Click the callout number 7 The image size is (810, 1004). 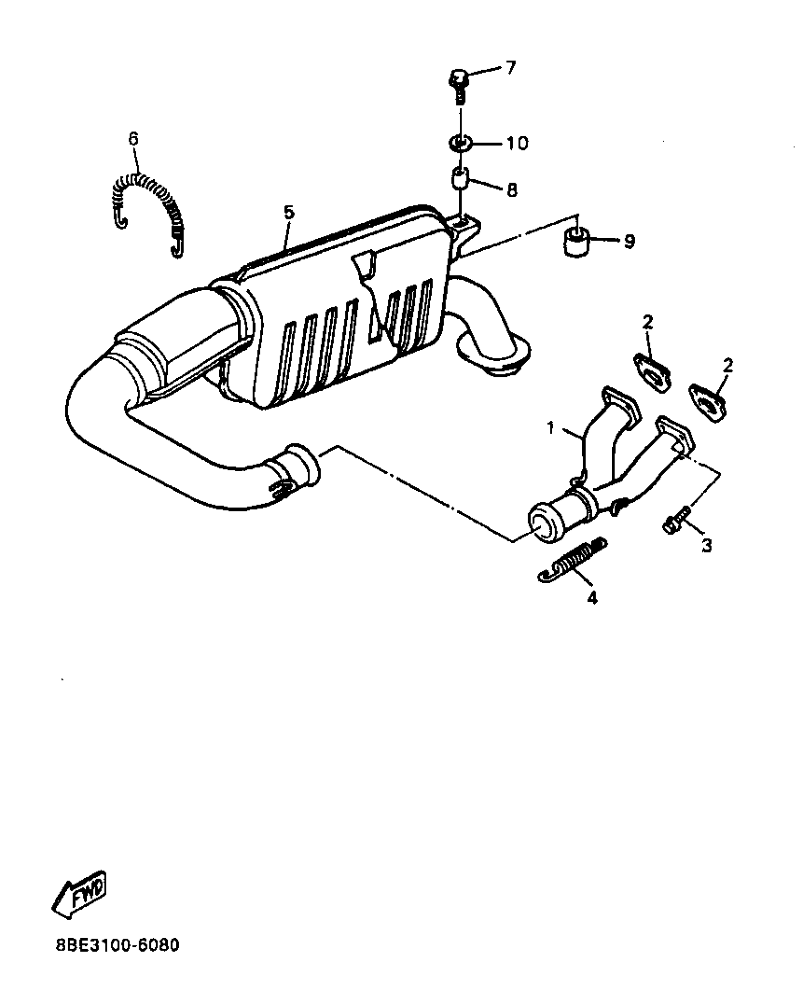pyautogui.click(x=510, y=68)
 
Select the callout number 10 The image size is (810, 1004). pyautogui.click(x=516, y=143)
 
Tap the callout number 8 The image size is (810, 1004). pyautogui.click(x=512, y=190)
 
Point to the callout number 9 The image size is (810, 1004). pyautogui.click(x=629, y=241)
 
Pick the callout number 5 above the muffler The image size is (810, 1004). pyautogui.click(x=289, y=212)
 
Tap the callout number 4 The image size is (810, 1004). pyautogui.click(x=592, y=598)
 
